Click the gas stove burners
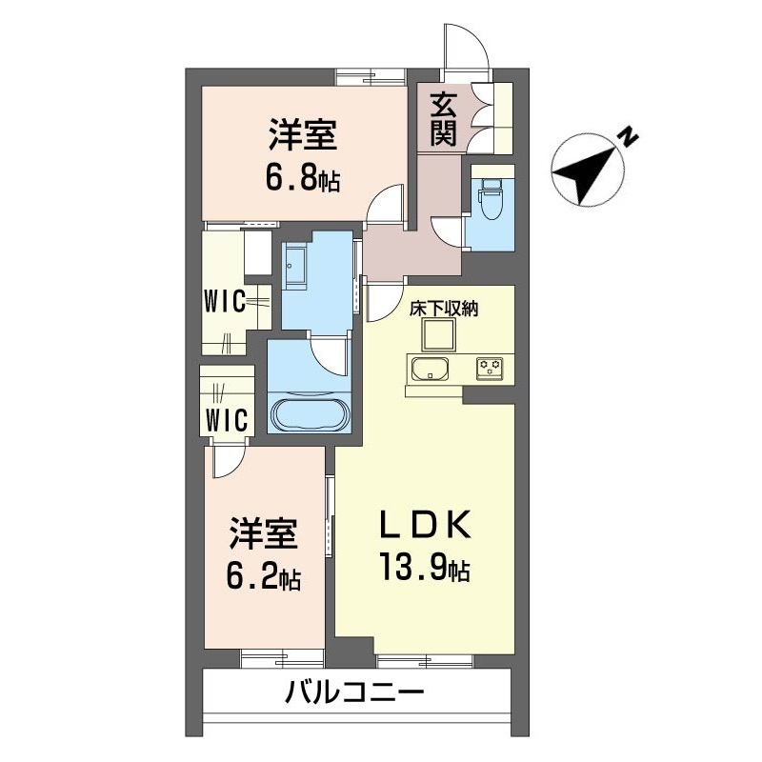(x=491, y=368)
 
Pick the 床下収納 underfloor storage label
(x=443, y=309)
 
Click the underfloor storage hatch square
(x=439, y=335)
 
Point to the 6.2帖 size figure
(x=265, y=577)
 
